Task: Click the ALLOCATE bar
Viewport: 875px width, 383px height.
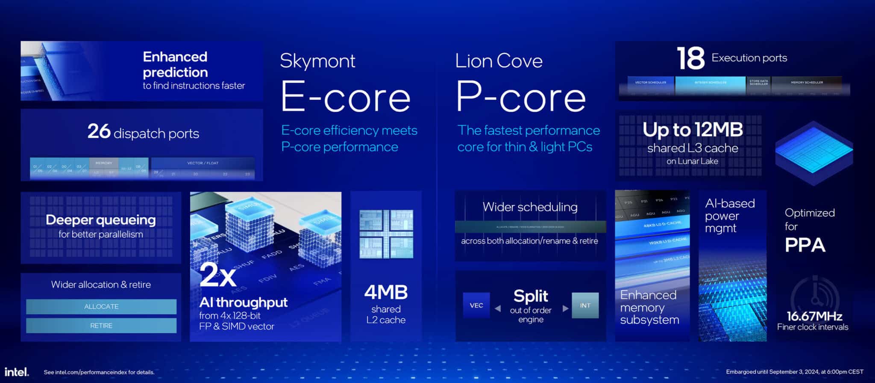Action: pyautogui.click(x=101, y=306)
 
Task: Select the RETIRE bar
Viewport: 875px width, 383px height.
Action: pyautogui.click(x=101, y=326)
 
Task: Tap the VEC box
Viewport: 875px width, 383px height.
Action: pyautogui.click(x=476, y=306)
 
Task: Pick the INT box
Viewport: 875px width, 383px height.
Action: pyautogui.click(x=585, y=306)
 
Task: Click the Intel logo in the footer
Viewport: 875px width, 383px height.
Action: pyautogui.click(x=17, y=371)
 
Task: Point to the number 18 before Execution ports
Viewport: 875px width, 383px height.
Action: pyautogui.click(x=690, y=59)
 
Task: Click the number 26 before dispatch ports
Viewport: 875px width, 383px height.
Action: pyautogui.click(x=99, y=131)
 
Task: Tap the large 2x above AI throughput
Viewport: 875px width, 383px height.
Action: pyautogui.click(x=217, y=275)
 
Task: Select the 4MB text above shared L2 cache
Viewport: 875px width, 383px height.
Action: pyautogui.click(x=386, y=293)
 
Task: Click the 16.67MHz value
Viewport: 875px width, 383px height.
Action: pyautogui.click(x=814, y=316)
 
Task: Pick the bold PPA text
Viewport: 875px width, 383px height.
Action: pyautogui.click(x=805, y=245)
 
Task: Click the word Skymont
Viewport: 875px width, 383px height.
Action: pyautogui.click(x=317, y=61)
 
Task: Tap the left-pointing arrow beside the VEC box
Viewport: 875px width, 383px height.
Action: pyautogui.click(x=498, y=308)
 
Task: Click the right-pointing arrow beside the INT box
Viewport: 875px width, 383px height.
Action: pyautogui.click(x=565, y=308)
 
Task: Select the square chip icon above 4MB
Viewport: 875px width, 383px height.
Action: pyautogui.click(x=386, y=234)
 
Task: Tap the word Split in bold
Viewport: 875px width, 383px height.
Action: pyautogui.click(x=531, y=296)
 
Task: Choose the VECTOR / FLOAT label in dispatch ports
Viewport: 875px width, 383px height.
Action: pyautogui.click(x=203, y=163)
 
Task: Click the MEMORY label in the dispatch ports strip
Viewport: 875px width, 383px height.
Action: pyautogui.click(x=104, y=163)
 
